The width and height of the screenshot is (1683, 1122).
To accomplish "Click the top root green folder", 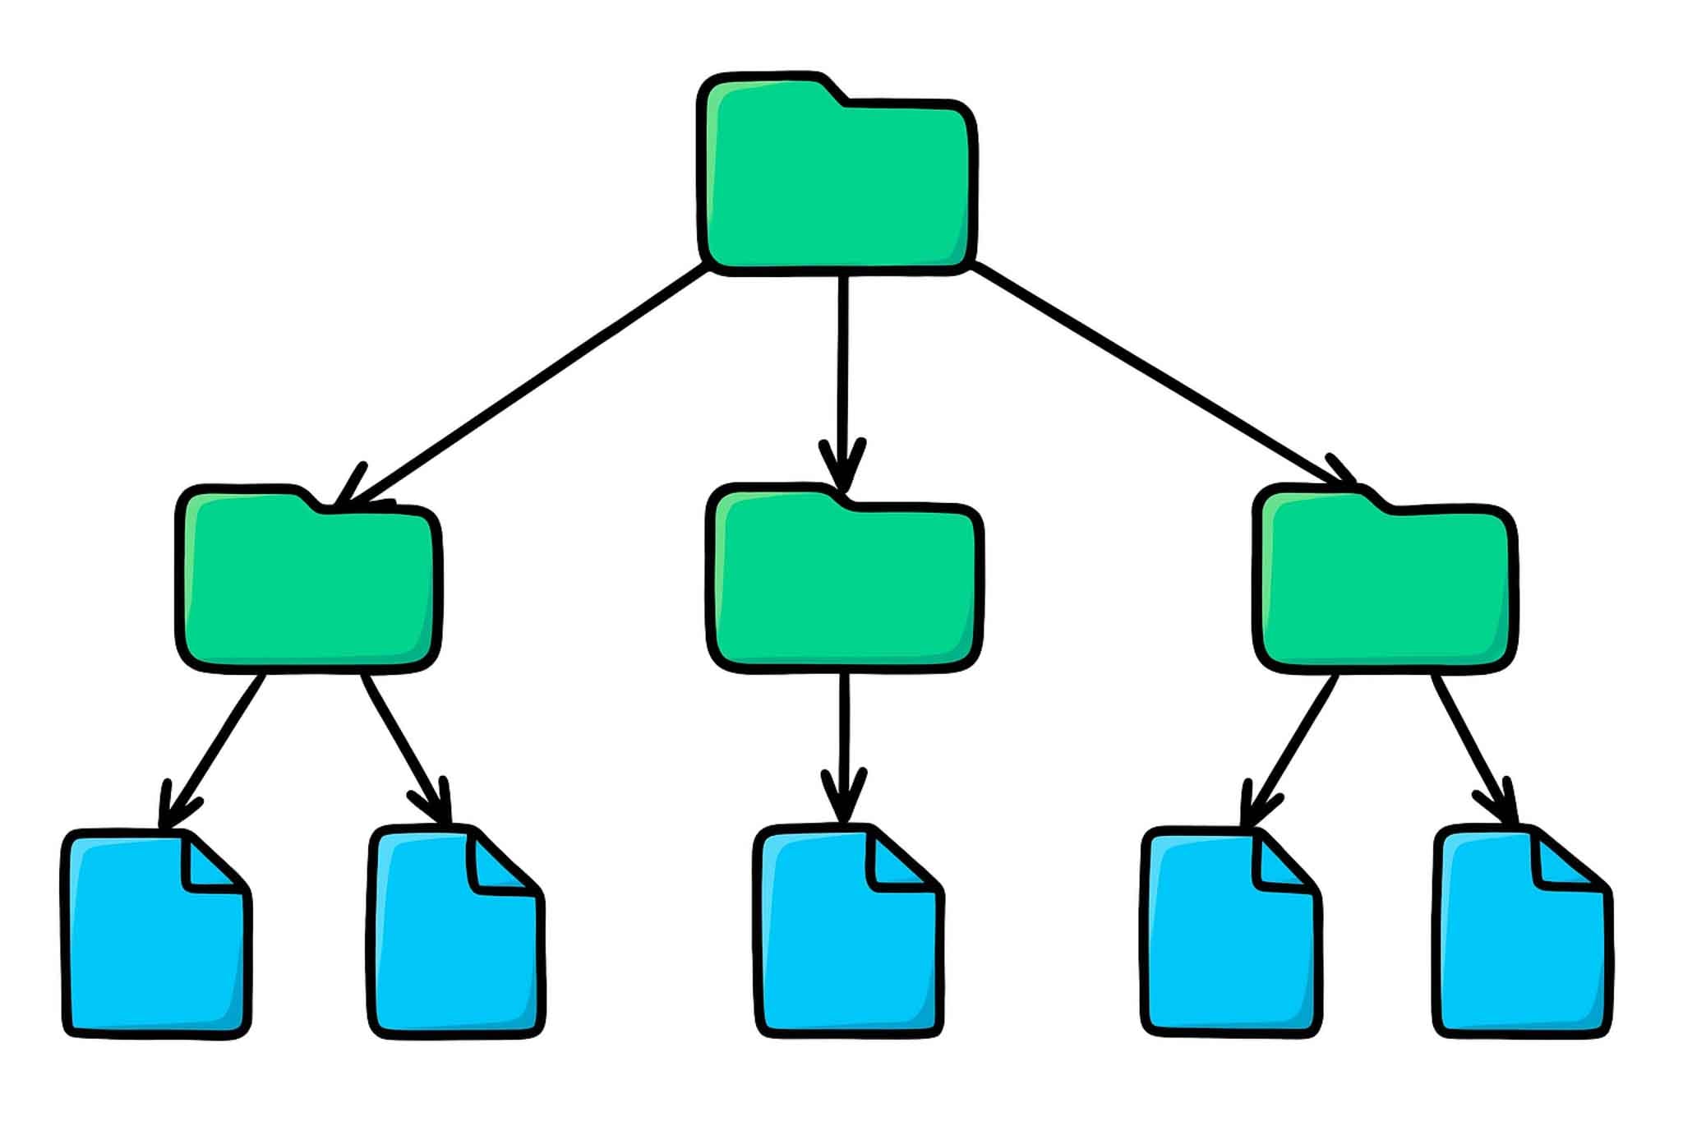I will click(837, 185).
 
